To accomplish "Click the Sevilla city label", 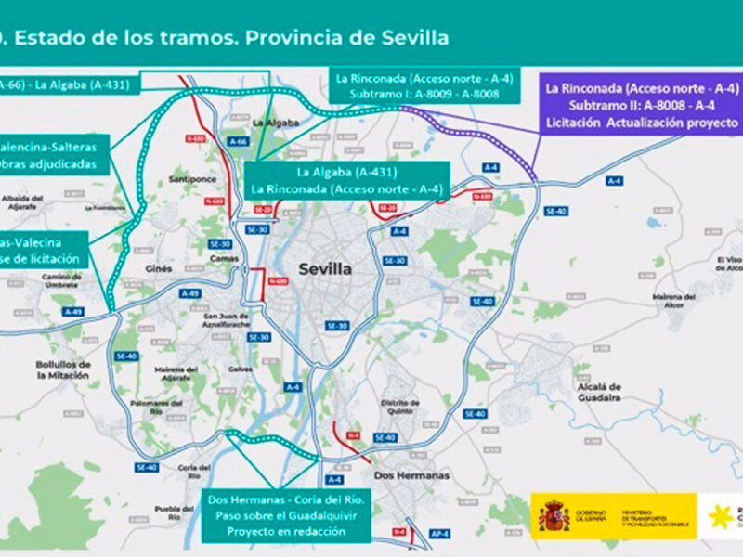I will [325, 269].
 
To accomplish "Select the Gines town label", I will [160, 268].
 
